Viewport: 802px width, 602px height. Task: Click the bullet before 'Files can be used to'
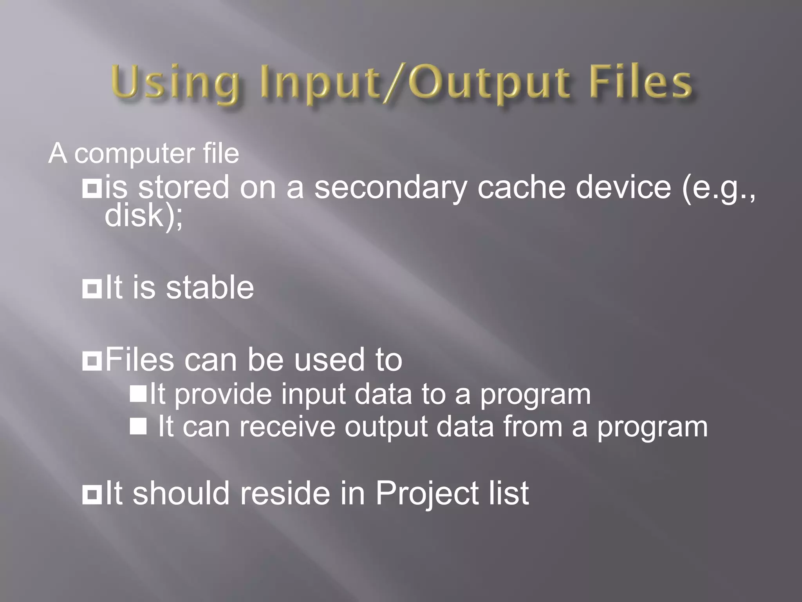(92, 361)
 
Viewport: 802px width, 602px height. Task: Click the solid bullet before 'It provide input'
(138, 393)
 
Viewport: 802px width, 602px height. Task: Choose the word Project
(427, 494)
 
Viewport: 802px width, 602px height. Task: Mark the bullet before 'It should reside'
(92, 495)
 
